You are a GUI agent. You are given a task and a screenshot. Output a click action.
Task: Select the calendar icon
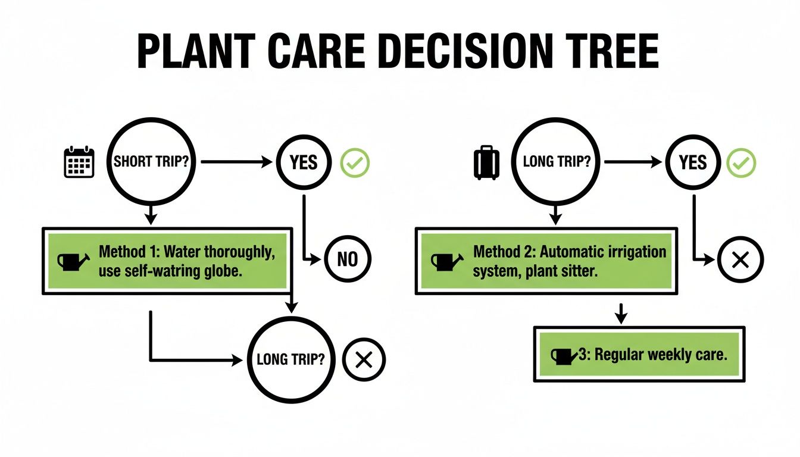pyautogui.click(x=79, y=161)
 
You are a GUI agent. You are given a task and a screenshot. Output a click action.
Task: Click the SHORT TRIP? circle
pyautogui.click(x=152, y=162)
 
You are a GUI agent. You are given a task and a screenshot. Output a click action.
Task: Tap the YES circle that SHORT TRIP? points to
pyautogui.click(x=304, y=162)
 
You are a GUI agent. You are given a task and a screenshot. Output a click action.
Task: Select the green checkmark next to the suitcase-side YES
pyautogui.click(x=741, y=162)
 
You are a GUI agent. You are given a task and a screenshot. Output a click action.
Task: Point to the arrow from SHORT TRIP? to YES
pyautogui.click(x=238, y=162)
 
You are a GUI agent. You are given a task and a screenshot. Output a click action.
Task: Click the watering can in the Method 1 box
pyautogui.click(x=73, y=261)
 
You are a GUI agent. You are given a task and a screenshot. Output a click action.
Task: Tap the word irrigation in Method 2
pyautogui.click(x=632, y=251)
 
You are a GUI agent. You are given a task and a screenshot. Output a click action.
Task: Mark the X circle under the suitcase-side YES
pyautogui.click(x=740, y=260)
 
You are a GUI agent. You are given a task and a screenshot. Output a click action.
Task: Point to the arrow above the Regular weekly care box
pyautogui.click(x=621, y=313)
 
